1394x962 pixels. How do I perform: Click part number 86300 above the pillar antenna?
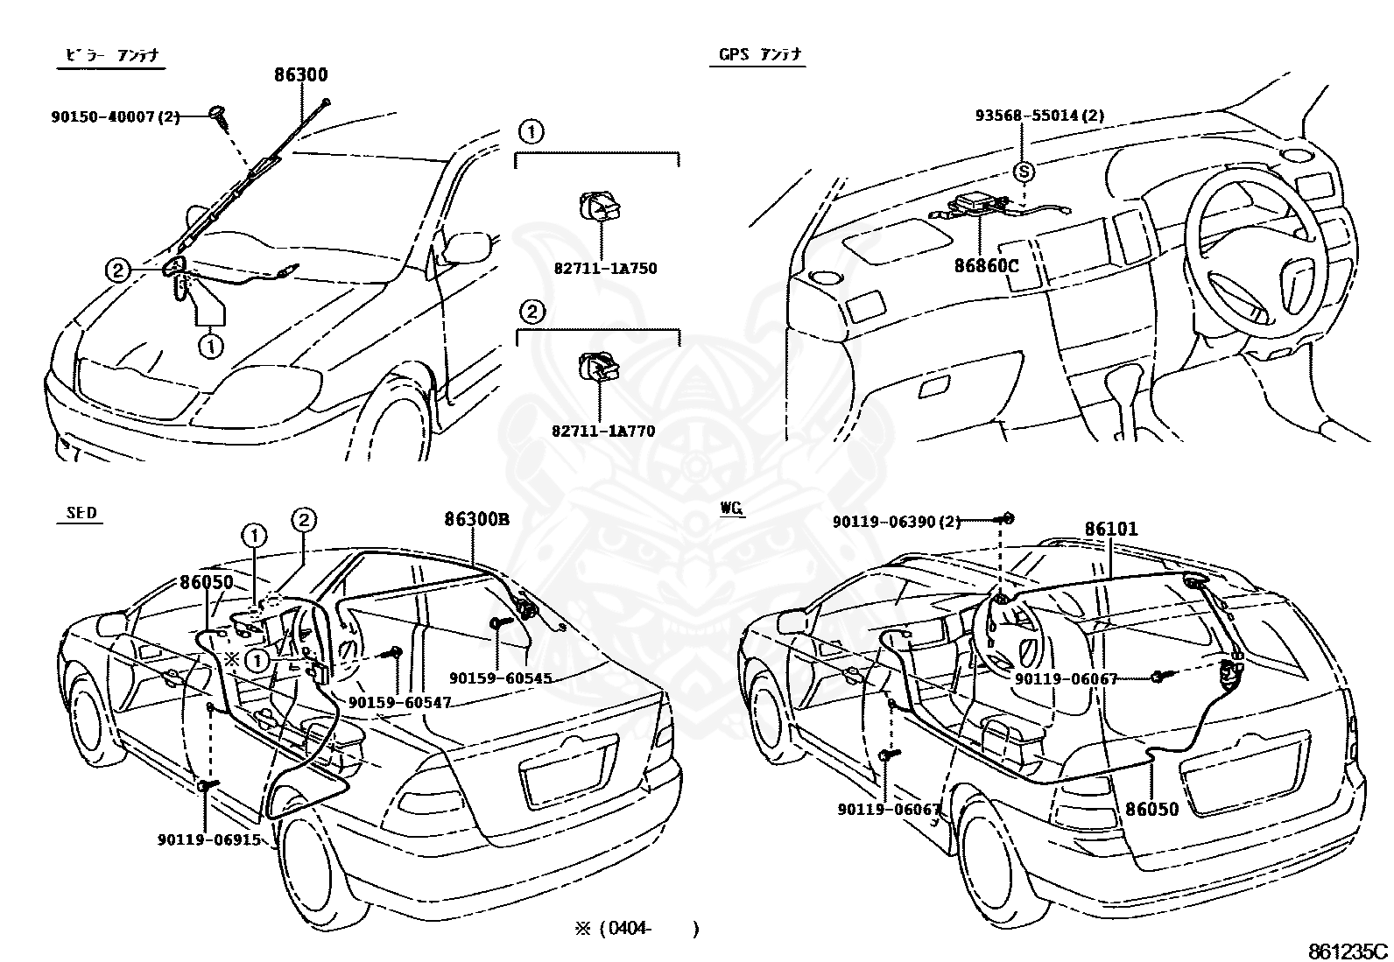pyautogui.click(x=301, y=74)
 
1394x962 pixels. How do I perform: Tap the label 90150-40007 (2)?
pyautogui.click(x=115, y=116)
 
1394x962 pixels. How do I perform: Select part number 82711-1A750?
pyautogui.click(x=605, y=268)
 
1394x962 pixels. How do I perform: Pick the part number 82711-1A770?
pyautogui.click(x=603, y=431)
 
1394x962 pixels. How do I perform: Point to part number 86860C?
pyautogui.click(x=986, y=266)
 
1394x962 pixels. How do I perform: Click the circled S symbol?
pyautogui.click(x=1024, y=171)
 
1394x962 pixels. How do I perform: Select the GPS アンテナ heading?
pyautogui.click(x=760, y=55)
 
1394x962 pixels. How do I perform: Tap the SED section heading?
pyautogui.click(x=81, y=513)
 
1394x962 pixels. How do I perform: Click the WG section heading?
pyautogui.click(x=732, y=509)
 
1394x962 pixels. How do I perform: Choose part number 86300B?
pyautogui.click(x=476, y=519)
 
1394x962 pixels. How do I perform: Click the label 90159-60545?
pyautogui.click(x=500, y=678)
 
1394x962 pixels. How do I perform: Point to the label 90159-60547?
pyautogui.click(x=399, y=702)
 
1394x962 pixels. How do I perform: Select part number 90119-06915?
pyautogui.click(x=209, y=839)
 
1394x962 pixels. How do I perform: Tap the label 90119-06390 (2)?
pyautogui.click(x=897, y=522)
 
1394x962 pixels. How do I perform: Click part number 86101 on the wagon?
pyautogui.click(x=1111, y=529)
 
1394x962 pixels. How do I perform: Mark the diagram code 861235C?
pyautogui.click(x=1348, y=951)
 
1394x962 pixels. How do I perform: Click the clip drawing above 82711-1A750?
pyautogui.click(x=600, y=207)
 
